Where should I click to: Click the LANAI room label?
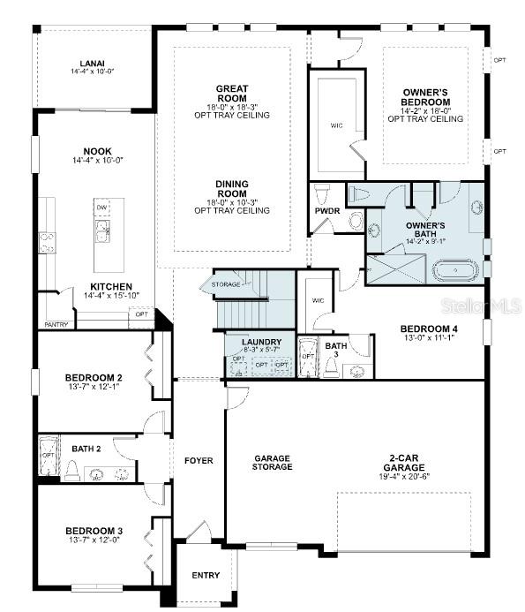click(x=92, y=64)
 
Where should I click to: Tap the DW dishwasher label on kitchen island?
click(x=101, y=208)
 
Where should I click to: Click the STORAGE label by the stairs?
click(x=226, y=284)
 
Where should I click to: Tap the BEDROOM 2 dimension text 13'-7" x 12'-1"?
click(x=94, y=387)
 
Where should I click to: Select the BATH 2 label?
click(x=86, y=449)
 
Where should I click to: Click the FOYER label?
click(x=199, y=461)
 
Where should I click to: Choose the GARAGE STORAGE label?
click(x=273, y=463)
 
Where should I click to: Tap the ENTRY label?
click(x=206, y=576)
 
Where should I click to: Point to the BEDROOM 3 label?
click(x=94, y=531)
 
